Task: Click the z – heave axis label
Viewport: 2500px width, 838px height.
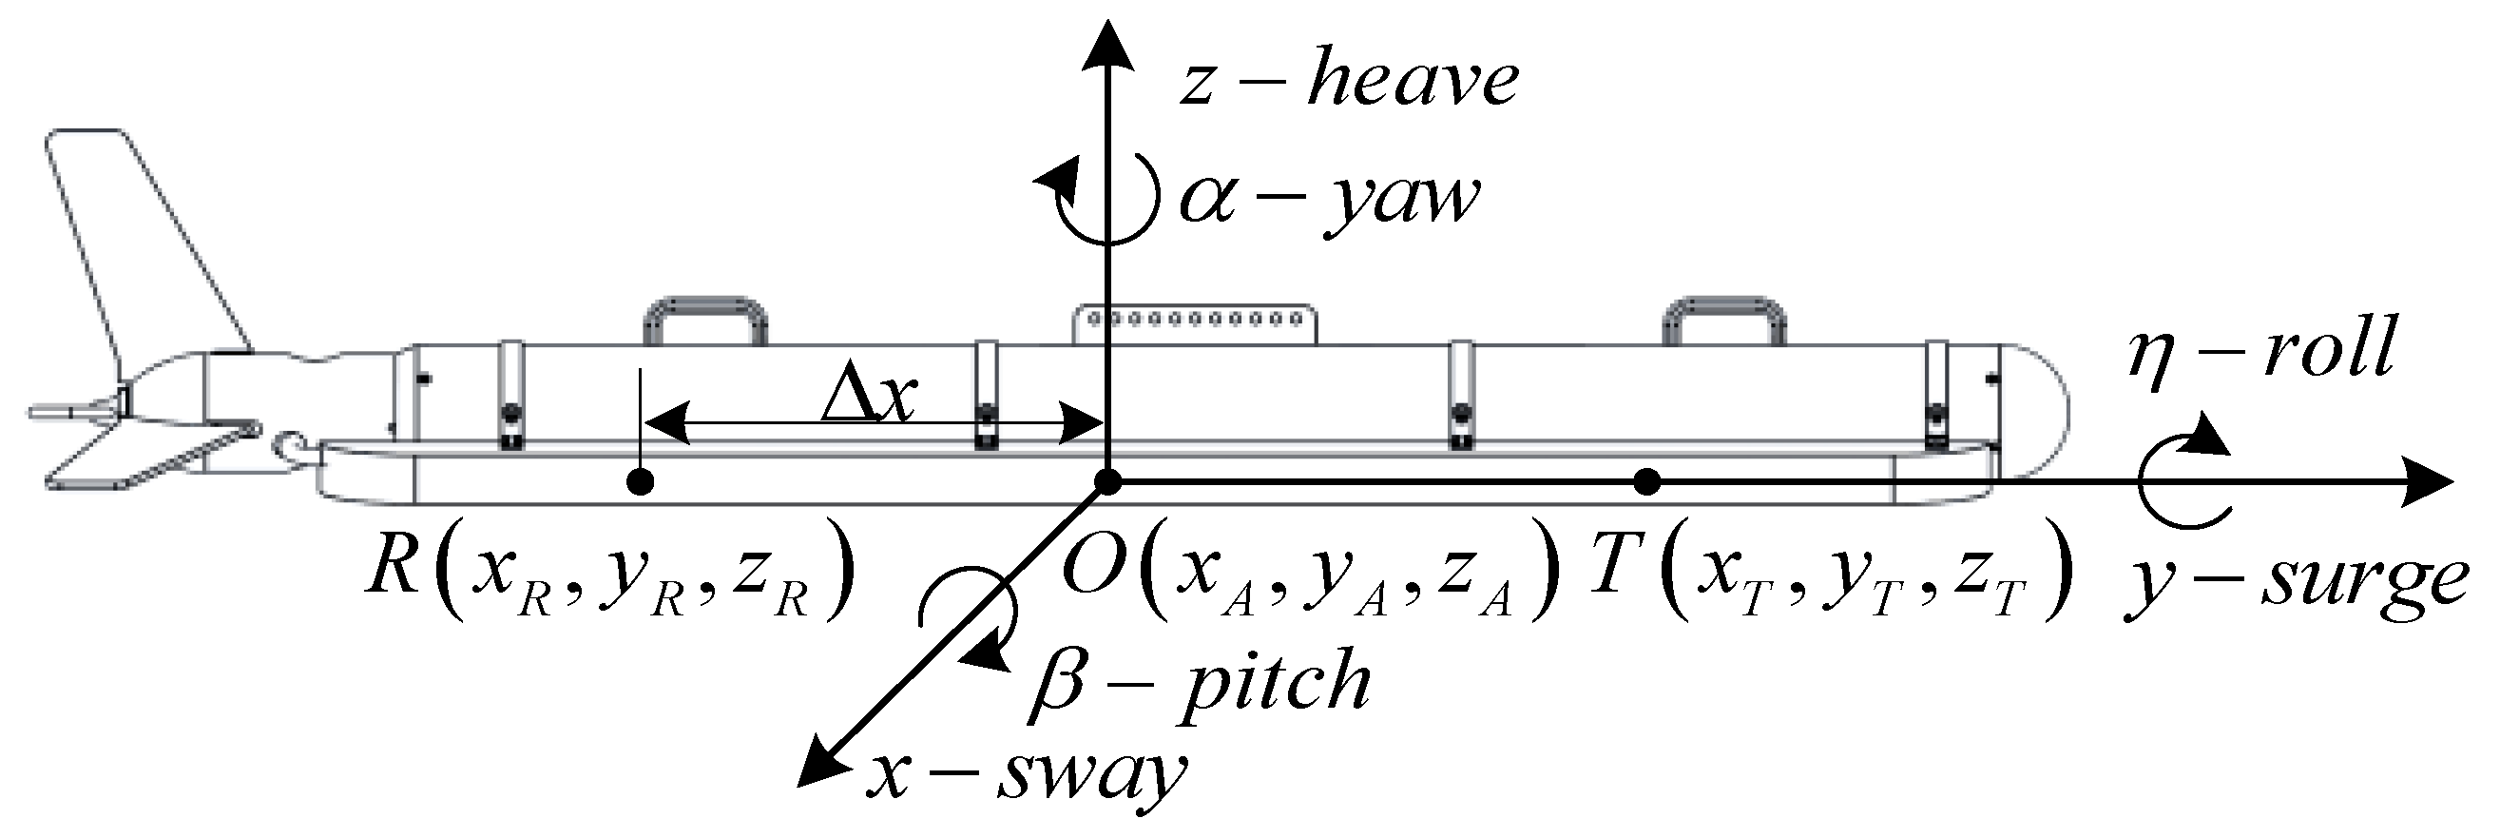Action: click(x=1349, y=80)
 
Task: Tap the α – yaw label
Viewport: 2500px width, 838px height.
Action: click(x=1330, y=200)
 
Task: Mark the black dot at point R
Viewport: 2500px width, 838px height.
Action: click(x=640, y=481)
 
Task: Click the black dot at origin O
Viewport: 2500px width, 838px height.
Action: click(x=1107, y=481)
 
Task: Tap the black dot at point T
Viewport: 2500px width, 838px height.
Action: click(x=1647, y=480)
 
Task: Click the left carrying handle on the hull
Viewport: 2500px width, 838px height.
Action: click(x=705, y=321)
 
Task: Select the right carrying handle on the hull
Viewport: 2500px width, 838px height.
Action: click(x=1724, y=321)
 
